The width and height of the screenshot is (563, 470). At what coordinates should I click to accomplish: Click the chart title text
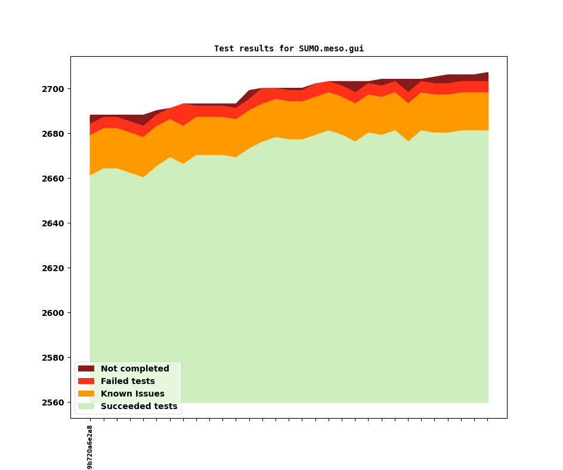tap(289, 49)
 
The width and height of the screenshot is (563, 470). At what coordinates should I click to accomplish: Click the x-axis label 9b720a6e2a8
tap(90, 447)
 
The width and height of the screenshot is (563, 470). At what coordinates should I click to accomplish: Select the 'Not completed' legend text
tap(135, 369)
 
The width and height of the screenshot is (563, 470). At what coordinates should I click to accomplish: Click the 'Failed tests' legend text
tap(128, 382)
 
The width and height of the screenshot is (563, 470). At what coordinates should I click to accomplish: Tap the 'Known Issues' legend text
tap(132, 394)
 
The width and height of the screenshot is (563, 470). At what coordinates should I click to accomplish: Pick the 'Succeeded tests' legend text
tap(139, 407)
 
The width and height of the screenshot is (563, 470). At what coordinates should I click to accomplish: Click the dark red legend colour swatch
tap(86, 369)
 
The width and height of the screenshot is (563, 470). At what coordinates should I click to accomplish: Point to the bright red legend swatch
tap(86, 382)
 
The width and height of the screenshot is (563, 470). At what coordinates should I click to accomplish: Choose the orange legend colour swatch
tap(86, 394)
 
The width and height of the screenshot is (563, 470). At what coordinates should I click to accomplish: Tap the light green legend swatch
tap(86, 407)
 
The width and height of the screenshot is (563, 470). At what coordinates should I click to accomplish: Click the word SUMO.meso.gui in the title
tap(331, 49)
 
